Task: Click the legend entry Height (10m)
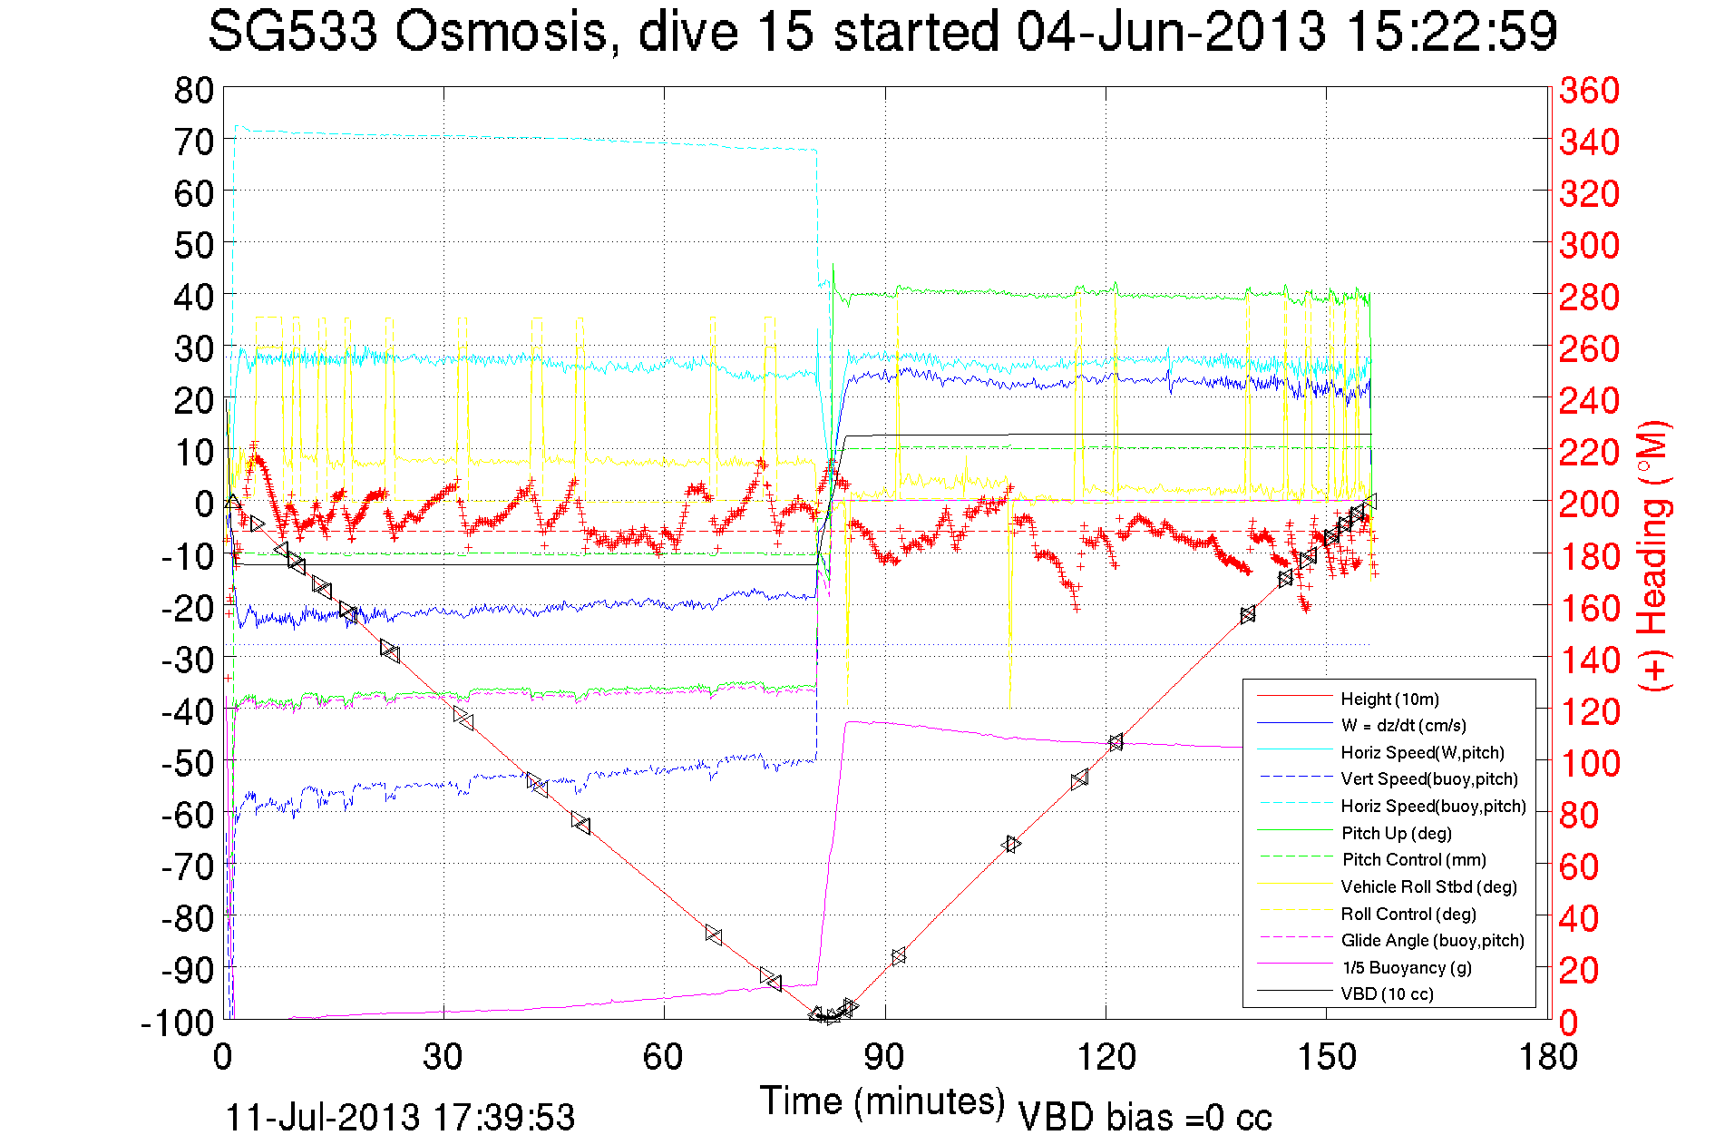coord(1389,699)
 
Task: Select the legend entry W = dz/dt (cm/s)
coord(1403,725)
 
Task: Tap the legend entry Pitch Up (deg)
coord(1396,833)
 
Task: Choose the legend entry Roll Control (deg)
coord(1408,914)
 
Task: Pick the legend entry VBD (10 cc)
coord(1387,993)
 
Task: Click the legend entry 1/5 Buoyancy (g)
coord(1406,967)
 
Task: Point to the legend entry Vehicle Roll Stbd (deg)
coord(1428,886)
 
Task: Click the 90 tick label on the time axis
coord(884,1057)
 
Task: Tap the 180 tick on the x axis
coord(1547,1057)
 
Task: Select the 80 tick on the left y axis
coord(193,90)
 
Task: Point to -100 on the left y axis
coord(178,1023)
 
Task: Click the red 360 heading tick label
coord(1589,90)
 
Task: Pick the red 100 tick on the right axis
coord(1589,763)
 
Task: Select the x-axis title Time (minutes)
coord(882,1101)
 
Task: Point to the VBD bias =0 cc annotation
coord(1145,1117)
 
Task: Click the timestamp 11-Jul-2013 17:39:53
coord(400,1117)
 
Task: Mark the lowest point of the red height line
coord(827,1017)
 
